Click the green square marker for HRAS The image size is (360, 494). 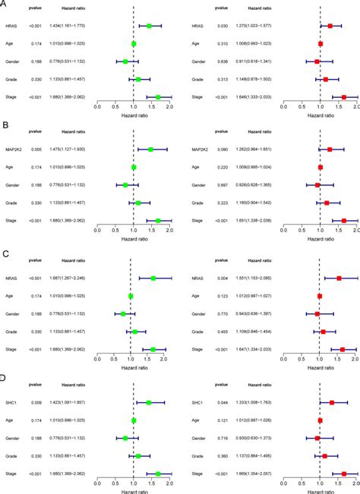click(149, 26)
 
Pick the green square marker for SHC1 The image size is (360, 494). click(149, 402)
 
